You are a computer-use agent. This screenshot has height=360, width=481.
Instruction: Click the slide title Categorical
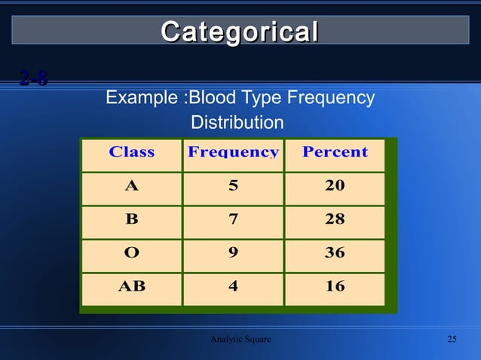pyautogui.click(x=240, y=32)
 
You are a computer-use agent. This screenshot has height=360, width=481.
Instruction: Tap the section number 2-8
pyautogui.click(x=34, y=78)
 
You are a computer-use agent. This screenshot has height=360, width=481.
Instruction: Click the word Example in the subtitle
pyautogui.click(x=143, y=98)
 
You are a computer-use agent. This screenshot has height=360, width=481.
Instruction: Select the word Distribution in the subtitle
pyautogui.click(x=237, y=122)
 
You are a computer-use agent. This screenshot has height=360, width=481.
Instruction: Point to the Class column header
pyautogui.click(x=131, y=152)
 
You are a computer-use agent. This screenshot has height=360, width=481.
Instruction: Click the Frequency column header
pyautogui.click(x=233, y=152)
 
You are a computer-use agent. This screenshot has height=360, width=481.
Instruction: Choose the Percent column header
pyautogui.click(x=335, y=152)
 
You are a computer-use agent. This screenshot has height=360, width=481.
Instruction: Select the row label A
pyautogui.click(x=131, y=186)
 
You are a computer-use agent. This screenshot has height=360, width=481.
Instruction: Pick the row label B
pyautogui.click(x=131, y=219)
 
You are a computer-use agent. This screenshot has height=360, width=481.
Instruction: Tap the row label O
pyautogui.click(x=131, y=253)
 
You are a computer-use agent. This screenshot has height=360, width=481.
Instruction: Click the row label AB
pyautogui.click(x=131, y=286)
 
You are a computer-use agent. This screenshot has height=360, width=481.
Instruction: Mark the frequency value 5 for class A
pyautogui.click(x=233, y=186)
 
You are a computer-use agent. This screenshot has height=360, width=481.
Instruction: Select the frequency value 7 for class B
pyautogui.click(x=233, y=219)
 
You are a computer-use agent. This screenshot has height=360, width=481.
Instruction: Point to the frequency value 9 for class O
pyautogui.click(x=233, y=253)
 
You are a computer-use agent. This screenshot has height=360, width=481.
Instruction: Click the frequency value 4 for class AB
pyautogui.click(x=233, y=286)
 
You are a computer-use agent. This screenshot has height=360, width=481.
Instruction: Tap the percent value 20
pyautogui.click(x=335, y=186)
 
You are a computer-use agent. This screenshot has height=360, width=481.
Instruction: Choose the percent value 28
pyautogui.click(x=335, y=219)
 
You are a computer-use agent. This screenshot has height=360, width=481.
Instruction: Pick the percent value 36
pyautogui.click(x=335, y=253)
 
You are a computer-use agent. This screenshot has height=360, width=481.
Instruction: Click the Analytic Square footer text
pyautogui.click(x=240, y=339)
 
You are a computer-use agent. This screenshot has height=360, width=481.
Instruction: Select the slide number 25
pyautogui.click(x=452, y=339)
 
